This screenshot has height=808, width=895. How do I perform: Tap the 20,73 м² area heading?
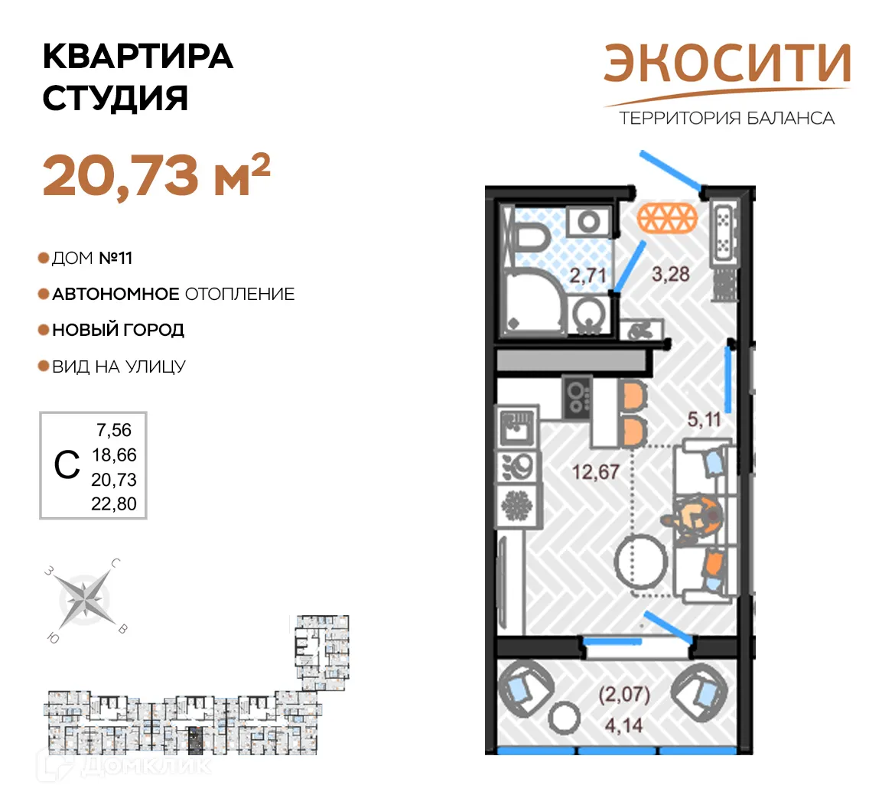(x=156, y=174)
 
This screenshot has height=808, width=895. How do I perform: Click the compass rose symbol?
(x=85, y=598)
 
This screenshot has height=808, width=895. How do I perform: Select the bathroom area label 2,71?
(x=587, y=275)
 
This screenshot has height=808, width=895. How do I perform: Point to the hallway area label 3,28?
(x=670, y=273)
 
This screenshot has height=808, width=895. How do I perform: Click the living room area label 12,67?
(x=595, y=471)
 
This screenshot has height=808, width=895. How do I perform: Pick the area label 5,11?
(x=704, y=419)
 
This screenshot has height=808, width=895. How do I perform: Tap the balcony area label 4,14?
(x=623, y=724)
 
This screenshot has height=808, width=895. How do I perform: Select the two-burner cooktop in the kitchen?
(x=577, y=396)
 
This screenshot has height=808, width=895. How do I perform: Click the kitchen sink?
(x=517, y=428)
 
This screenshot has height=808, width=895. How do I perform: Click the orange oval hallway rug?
(x=668, y=219)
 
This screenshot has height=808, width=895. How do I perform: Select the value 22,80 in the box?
(x=114, y=504)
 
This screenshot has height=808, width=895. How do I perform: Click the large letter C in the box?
(x=67, y=465)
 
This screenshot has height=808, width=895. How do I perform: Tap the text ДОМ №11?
(x=92, y=259)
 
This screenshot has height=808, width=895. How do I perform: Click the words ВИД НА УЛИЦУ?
(x=119, y=367)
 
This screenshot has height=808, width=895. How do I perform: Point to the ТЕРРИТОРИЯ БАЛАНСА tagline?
(x=727, y=118)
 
